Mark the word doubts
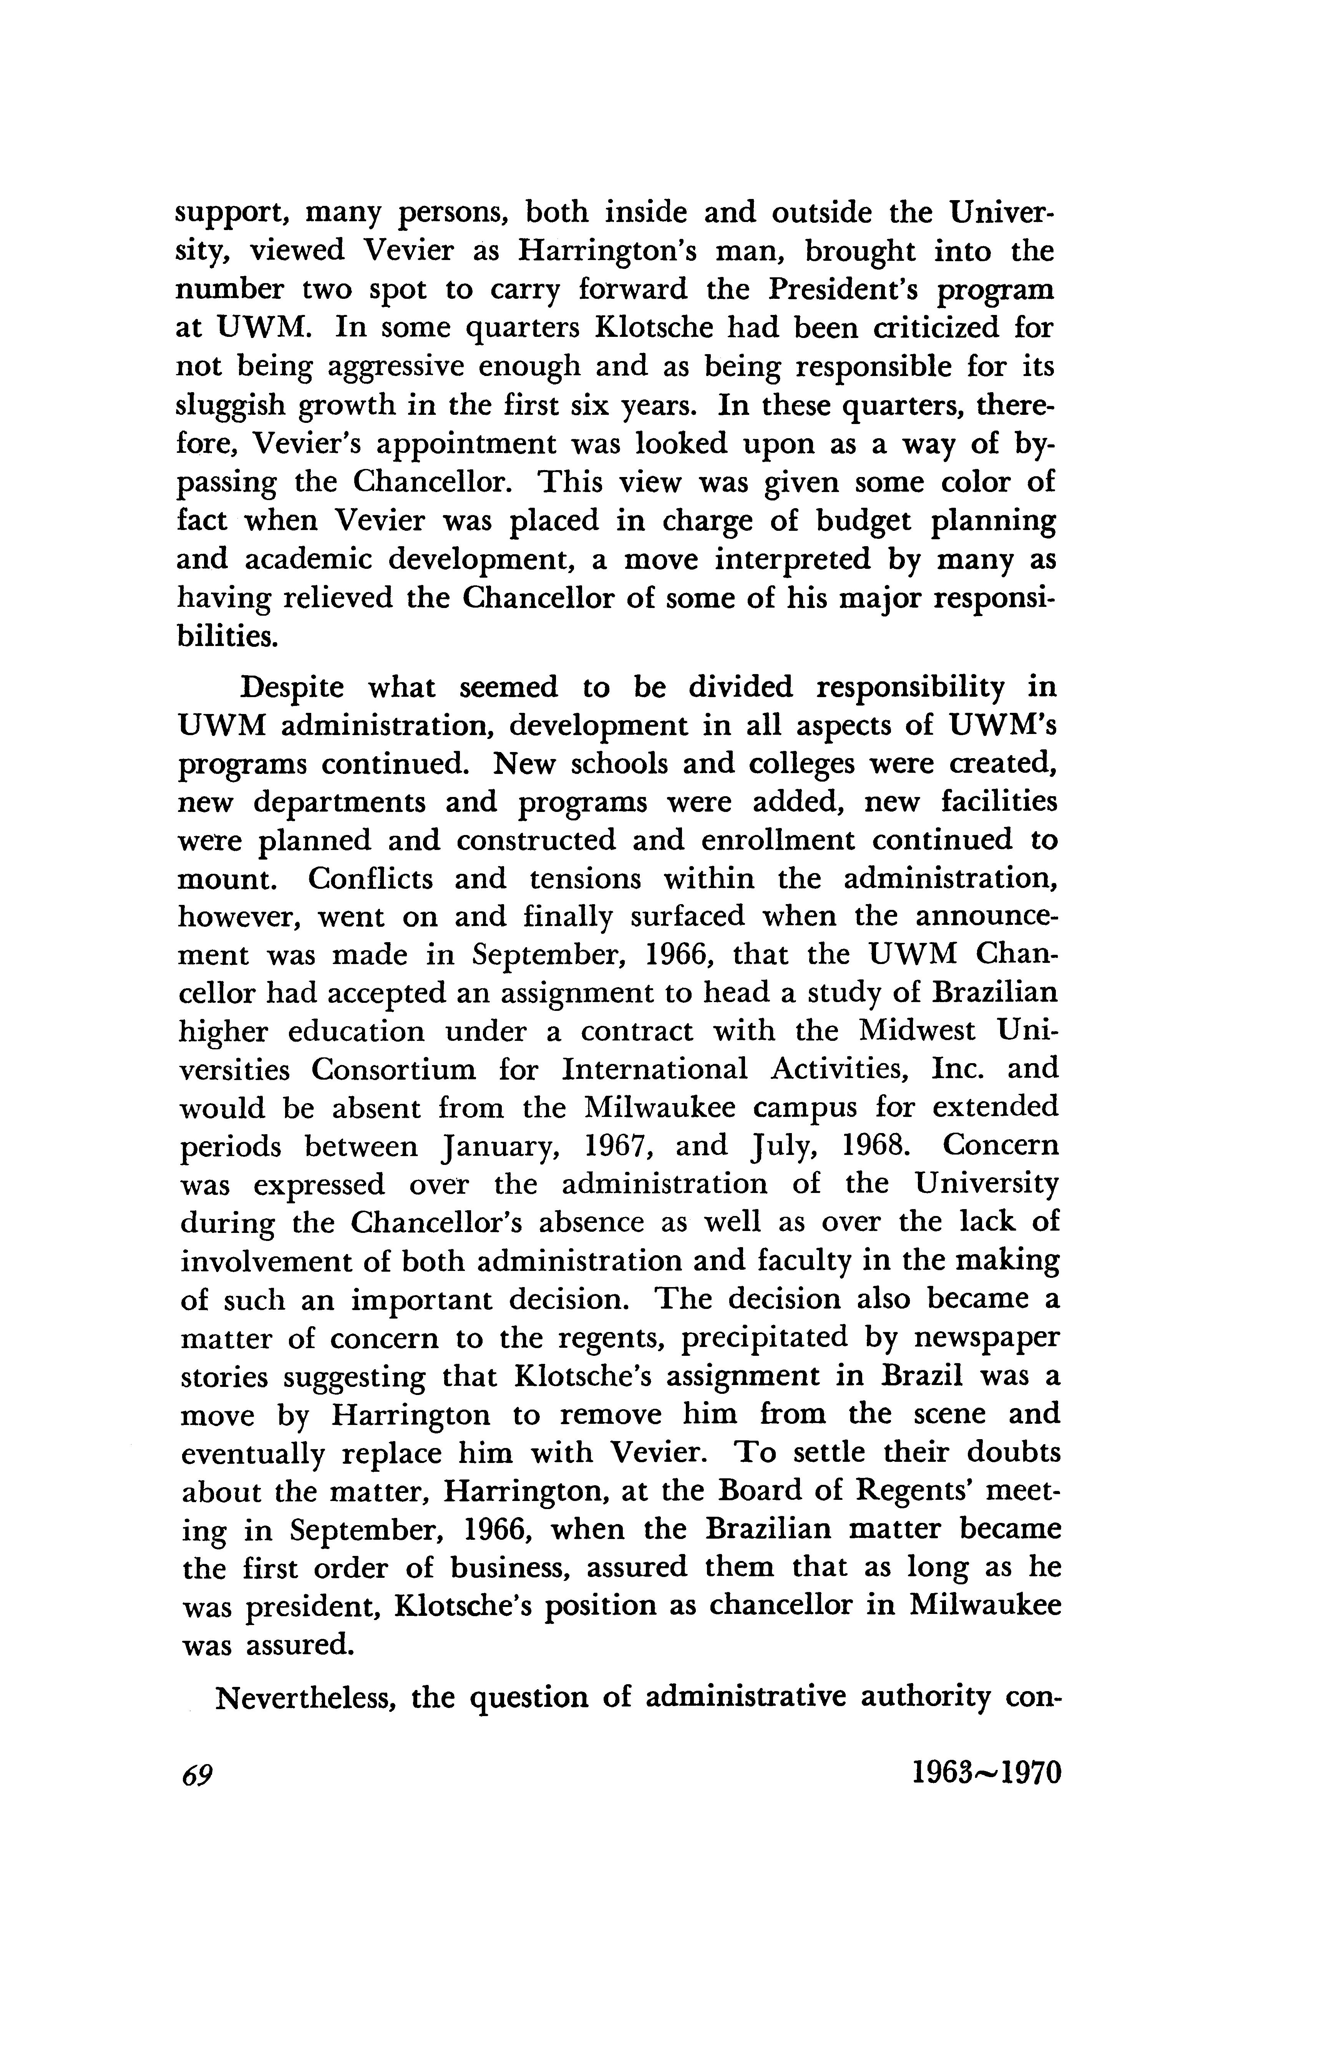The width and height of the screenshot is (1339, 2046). point(1015,1453)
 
